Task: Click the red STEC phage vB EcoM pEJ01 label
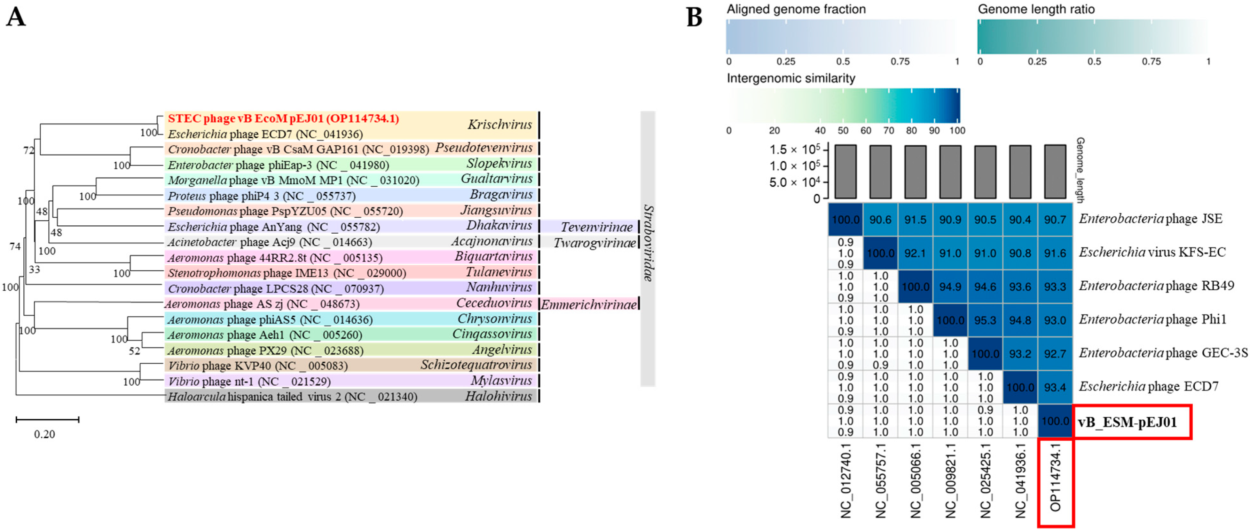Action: (x=283, y=118)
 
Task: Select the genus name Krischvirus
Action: (x=500, y=125)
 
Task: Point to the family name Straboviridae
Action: (x=648, y=243)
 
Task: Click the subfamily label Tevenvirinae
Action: (x=596, y=227)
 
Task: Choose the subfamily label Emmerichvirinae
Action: (x=589, y=305)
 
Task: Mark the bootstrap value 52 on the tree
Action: (x=134, y=351)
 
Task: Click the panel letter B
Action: (x=694, y=18)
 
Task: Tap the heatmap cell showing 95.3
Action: (x=985, y=320)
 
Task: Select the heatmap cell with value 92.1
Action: (x=915, y=253)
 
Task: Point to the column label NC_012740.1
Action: (x=846, y=481)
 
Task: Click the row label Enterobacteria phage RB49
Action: (x=1156, y=286)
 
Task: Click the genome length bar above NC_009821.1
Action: (x=950, y=172)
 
